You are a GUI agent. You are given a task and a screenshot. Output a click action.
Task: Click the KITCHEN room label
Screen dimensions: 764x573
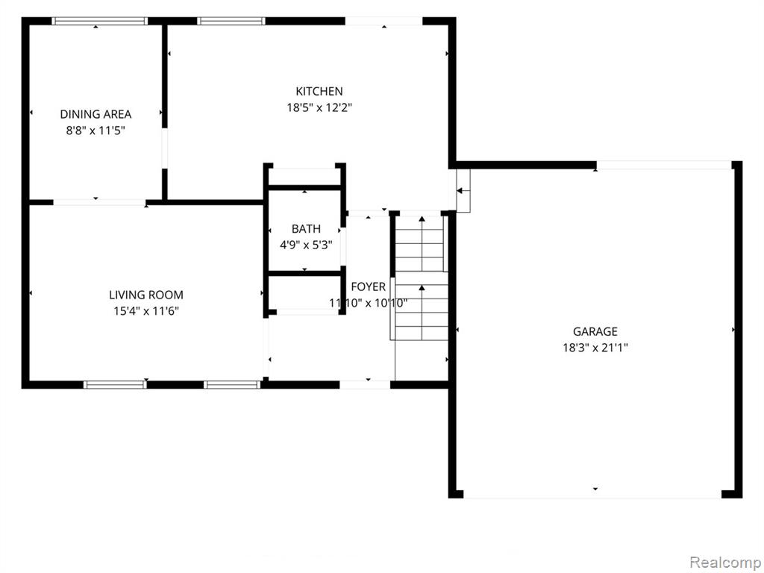pyautogui.click(x=319, y=91)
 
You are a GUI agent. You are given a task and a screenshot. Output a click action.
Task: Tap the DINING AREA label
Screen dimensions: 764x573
pyautogui.click(x=95, y=114)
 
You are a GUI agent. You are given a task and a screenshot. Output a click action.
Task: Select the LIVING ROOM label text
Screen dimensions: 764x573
pyautogui.click(x=146, y=295)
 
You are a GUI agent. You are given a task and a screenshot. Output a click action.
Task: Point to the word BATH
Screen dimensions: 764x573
pyautogui.click(x=306, y=228)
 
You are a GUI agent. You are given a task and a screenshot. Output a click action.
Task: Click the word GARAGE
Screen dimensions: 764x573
pyautogui.click(x=595, y=332)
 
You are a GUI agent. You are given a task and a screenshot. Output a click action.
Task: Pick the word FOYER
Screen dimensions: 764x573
pyautogui.click(x=368, y=286)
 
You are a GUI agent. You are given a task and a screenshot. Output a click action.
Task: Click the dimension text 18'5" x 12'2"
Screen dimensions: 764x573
pyautogui.click(x=319, y=107)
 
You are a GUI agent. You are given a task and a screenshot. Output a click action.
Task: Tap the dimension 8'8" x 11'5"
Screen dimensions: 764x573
pyautogui.click(x=95, y=131)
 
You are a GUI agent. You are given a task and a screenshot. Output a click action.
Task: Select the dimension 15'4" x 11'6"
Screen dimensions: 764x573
pyautogui.click(x=146, y=311)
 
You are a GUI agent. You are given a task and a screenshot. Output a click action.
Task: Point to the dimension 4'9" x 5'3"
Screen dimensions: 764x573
pyautogui.click(x=306, y=245)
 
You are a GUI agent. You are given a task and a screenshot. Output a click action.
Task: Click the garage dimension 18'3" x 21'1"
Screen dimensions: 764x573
pyautogui.click(x=595, y=348)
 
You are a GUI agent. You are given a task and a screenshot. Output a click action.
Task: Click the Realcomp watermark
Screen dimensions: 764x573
pyautogui.click(x=724, y=563)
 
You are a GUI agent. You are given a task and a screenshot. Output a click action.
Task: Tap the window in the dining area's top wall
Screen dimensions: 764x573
pyautogui.click(x=99, y=21)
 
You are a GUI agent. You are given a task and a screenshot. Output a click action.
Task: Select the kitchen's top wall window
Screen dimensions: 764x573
pyautogui.click(x=231, y=21)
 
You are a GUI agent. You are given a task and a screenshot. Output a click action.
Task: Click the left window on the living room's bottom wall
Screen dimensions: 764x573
pyautogui.click(x=115, y=384)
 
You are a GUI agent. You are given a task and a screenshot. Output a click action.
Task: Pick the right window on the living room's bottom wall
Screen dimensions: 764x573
pyautogui.click(x=233, y=384)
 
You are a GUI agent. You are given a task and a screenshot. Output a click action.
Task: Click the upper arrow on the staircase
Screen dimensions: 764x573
pyautogui.click(x=422, y=244)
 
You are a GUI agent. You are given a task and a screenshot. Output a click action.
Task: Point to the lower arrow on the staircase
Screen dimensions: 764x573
pyautogui.click(x=422, y=313)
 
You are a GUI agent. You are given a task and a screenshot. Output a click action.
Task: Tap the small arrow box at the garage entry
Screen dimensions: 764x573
pyautogui.click(x=463, y=190)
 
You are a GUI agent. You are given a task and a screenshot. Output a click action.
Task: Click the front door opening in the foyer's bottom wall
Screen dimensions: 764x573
pyautogui.click(x=365, y=384)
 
